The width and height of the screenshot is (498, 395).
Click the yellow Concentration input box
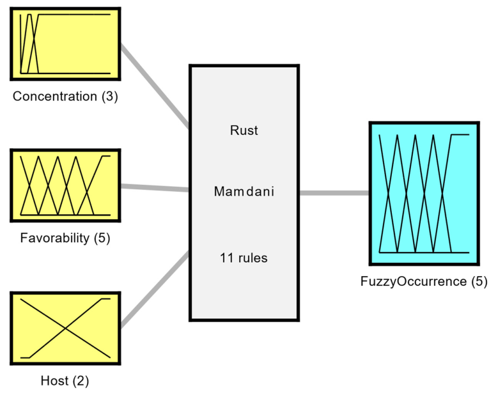click(65, 43)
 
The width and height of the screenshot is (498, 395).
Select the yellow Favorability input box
click(65, 185)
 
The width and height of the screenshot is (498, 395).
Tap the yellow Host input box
click(65, 327)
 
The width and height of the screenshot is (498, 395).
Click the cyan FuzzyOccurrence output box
click(424, 194)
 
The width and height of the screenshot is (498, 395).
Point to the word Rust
click(244, 130)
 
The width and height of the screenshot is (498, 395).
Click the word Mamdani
click(244, 191)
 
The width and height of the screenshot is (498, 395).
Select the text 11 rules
click(244, 258)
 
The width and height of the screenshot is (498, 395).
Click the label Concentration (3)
click(65, 97)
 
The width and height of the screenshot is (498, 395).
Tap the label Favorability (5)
click(65, 238)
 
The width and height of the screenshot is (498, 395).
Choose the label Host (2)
click(65, 382)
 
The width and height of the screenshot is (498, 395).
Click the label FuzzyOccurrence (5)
click(424, 281)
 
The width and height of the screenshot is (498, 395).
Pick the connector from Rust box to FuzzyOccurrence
click(334, 192)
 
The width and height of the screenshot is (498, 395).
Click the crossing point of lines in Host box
click(65, 328)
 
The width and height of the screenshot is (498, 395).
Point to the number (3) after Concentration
click(108, 97)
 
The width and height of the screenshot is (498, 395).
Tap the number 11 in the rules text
click(226, 258)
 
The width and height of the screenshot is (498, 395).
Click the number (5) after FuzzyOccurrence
click(478, 281)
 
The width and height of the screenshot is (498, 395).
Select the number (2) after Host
click(80, 382)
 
